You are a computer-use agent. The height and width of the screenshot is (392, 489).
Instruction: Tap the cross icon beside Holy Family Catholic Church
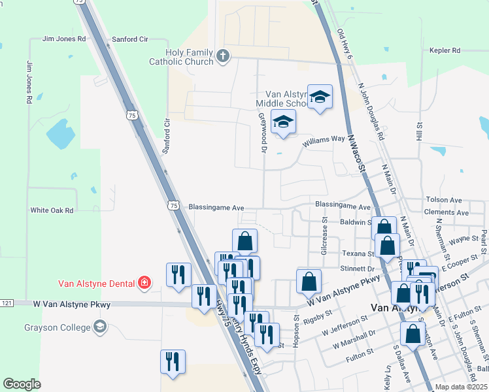coord(223,56)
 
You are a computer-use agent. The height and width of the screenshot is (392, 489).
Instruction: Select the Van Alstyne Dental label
coord(95,283)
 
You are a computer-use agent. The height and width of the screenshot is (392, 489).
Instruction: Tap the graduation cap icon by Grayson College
coord(100,327)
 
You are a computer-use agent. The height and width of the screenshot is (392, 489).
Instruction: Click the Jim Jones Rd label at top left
coord(64,39)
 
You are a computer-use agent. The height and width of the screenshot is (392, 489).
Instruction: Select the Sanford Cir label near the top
coord(130,39)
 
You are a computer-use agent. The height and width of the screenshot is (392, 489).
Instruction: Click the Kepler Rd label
coord(445,50)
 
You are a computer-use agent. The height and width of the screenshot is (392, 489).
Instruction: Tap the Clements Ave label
coord(446,213)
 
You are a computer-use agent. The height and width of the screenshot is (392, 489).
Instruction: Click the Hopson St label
coord(296,332)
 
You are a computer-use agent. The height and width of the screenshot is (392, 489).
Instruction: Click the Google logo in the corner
coord(22,384)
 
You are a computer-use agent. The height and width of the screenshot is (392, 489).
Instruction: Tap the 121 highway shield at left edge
coord(7,303)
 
